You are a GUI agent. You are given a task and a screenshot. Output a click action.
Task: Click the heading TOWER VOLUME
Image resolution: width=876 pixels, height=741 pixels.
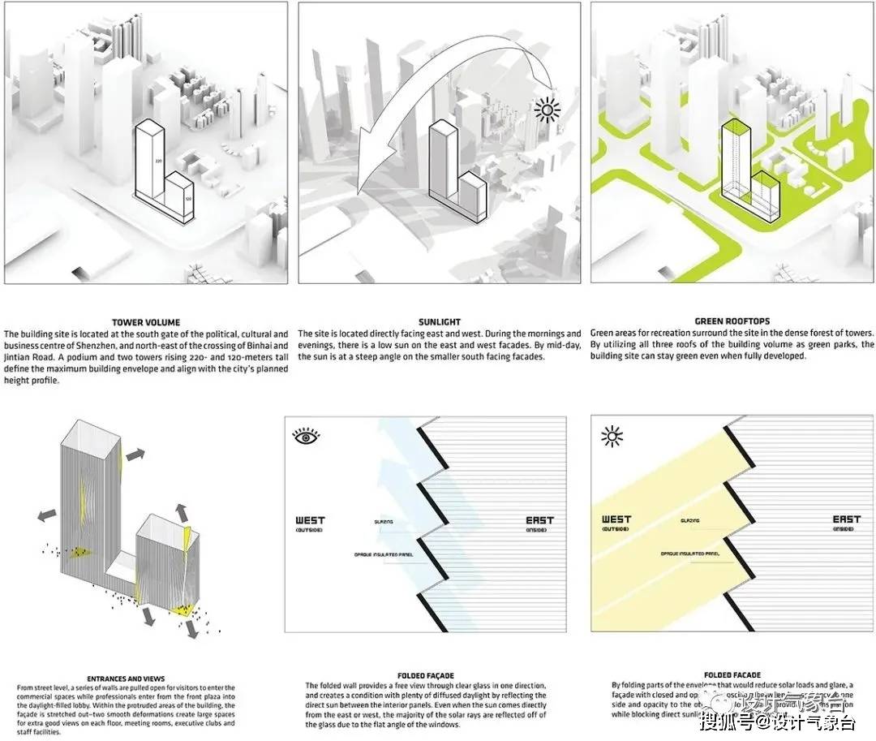tap(146, 322)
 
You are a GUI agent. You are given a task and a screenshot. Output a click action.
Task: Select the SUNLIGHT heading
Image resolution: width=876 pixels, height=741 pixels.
tap(439, 322)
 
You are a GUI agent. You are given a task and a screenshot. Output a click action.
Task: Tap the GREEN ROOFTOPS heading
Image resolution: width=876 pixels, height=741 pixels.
tap(732, 322)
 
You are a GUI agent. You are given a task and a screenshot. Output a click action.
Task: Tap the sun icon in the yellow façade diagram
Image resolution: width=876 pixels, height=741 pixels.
tap(612, 437)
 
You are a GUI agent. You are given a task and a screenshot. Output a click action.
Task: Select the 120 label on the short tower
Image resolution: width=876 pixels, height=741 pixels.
tap(187, 197)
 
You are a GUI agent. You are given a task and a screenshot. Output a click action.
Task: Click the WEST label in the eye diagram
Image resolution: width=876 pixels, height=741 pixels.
tap(311, 520)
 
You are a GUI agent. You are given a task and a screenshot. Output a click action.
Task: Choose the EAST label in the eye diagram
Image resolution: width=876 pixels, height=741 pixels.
tap(539, 520)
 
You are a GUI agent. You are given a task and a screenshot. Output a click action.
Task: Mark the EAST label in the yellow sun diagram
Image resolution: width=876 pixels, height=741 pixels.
tap(847, 519)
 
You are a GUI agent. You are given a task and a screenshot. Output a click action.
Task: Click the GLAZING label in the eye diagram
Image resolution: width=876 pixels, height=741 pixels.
tap(384, 522)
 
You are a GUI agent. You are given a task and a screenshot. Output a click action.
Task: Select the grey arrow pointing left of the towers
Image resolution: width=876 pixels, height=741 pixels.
tap(45, 515)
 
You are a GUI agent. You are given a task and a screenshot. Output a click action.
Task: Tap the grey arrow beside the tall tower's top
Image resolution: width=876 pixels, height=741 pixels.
tap(137, 455)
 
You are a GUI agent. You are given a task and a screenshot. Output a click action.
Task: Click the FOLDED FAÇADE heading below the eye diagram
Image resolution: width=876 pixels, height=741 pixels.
tap(425, 675)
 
